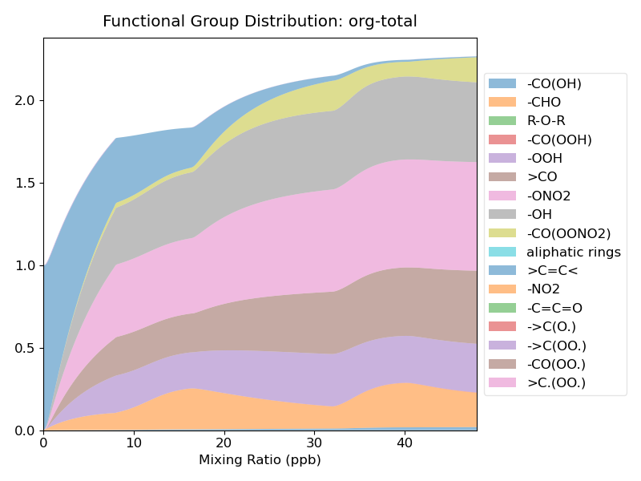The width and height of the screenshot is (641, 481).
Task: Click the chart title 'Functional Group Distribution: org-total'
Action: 260,22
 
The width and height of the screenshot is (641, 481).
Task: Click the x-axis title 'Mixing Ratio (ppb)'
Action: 260,460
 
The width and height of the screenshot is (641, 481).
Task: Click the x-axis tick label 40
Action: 405,443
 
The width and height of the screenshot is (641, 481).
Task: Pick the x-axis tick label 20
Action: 224,443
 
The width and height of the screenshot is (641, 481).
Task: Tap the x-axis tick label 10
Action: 134,443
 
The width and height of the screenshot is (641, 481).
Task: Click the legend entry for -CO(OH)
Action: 554,83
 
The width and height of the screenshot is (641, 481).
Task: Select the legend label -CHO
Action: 543,102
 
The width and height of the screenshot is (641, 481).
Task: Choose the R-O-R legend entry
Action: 546,121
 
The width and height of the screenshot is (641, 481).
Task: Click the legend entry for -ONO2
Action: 548,196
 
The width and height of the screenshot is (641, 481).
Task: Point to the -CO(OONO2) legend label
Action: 568,233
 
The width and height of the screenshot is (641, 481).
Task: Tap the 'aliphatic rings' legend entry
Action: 573,252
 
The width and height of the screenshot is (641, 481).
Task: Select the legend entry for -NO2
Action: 543,289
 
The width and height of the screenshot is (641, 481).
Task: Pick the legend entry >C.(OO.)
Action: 556,382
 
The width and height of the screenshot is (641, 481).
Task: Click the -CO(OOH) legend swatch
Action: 502,139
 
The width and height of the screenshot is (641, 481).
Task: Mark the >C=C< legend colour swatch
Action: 502,270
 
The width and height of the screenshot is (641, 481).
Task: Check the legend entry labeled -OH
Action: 539,214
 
